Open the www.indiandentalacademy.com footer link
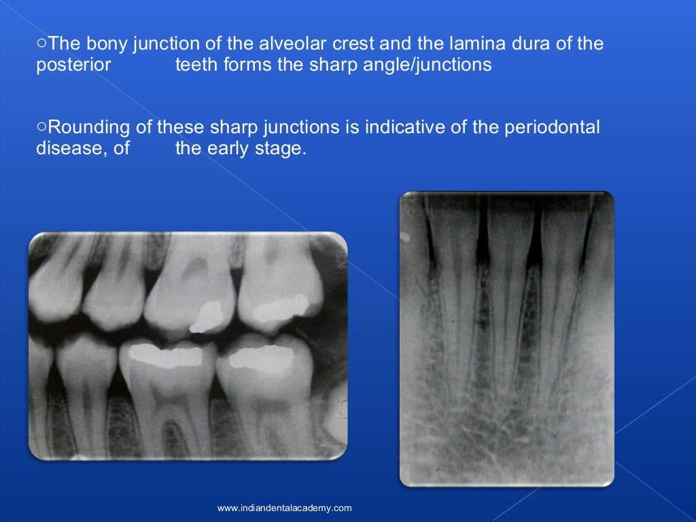(284, 508)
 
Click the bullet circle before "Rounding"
(41, 126)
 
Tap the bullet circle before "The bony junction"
(41, 43)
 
